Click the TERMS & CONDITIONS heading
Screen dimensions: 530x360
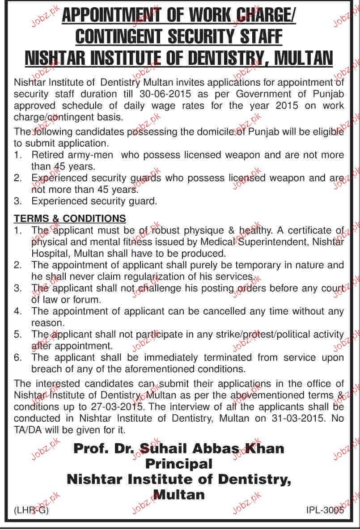[x=70, y=219]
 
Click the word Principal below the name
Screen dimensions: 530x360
[x=179, y=464]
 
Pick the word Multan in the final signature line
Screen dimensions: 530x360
[x=179, y=495]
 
